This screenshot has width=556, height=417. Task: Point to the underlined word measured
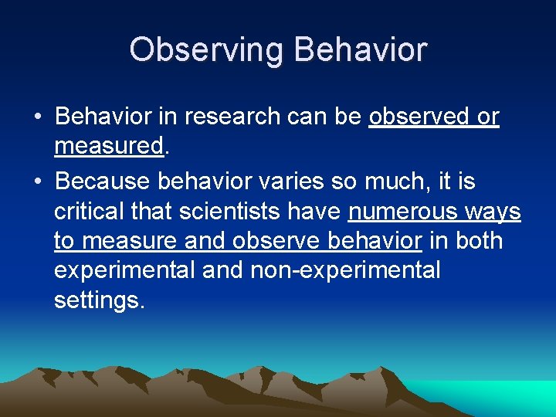tap(109, 146)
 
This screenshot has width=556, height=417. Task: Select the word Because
tap(103, 182)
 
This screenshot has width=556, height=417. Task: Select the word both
tap(479, 241)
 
